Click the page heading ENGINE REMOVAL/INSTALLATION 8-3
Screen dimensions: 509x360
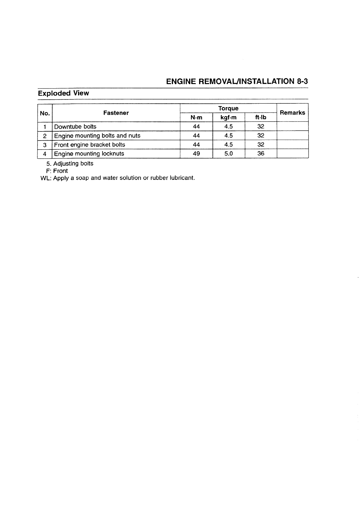pos(237,81)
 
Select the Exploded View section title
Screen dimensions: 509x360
pos(64,93)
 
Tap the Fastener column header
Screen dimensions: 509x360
pos(116,113)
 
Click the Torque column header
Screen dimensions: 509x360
pos(228,108)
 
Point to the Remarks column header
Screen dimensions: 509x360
pos(292,113)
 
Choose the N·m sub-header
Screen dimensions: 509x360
pos(196,118)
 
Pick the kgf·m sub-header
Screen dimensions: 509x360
pos(228,118)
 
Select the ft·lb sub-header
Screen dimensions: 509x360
pos(260,118)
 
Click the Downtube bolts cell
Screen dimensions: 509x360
pos(75,127)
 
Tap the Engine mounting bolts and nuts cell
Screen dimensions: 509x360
pos(97,136)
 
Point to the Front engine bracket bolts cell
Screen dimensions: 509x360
pos(90,145)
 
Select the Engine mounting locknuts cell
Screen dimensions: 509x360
pos(89,154)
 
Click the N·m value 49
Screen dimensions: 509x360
pos(196,154)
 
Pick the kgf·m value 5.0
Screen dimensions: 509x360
pos(228,154)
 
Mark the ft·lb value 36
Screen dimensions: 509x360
pos(260,154)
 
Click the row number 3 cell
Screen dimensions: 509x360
pos(44,145)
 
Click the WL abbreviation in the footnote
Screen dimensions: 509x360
pos(45,178)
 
